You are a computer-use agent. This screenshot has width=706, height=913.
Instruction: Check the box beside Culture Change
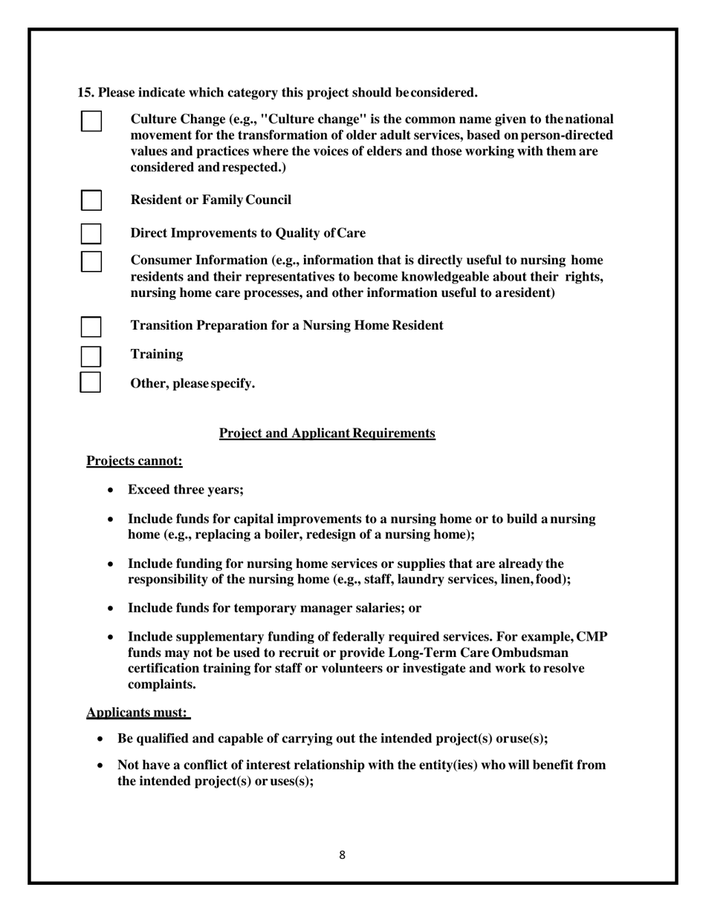91,121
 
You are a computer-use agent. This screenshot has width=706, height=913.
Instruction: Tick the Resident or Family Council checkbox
91,200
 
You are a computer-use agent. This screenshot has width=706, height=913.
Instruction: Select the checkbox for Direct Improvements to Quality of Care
91,233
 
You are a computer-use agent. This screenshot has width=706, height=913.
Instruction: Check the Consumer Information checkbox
91,261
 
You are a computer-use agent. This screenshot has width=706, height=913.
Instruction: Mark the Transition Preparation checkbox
91,326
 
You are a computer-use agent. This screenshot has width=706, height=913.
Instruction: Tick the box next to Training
91,356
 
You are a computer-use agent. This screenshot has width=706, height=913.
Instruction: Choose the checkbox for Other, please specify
91,383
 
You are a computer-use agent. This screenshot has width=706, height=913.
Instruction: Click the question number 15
85,93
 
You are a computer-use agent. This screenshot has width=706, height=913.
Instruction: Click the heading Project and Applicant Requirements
327,433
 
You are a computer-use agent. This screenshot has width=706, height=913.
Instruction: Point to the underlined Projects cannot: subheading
135,461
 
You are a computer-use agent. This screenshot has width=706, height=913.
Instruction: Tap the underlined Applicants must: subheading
137,713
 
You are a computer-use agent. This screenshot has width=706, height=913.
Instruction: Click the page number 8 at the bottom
342,855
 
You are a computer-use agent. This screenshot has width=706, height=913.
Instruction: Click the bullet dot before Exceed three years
111,491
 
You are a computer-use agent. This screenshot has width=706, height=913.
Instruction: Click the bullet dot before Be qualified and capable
100,739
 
